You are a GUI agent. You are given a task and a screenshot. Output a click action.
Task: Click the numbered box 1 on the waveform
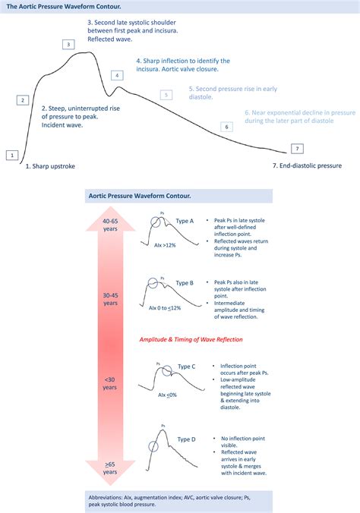click(x=11, y=155)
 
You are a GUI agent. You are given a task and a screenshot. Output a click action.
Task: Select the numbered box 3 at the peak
click(x=68, y=45)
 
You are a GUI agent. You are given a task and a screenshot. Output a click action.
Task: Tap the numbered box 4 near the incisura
click(x=117, y=75)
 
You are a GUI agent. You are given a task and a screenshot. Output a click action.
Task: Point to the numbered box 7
click(x=297, y=148)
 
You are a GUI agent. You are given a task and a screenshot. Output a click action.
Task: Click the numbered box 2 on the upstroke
click(x=23, y=100)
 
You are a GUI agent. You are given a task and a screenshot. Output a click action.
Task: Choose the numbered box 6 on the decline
click(x=226, y=127)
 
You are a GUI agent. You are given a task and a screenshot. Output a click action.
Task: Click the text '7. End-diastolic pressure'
click(x=307, y=165)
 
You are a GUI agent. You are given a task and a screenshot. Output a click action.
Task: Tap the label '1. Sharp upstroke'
click(x=51, y=165)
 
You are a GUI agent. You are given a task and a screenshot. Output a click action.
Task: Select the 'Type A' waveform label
click(x=185, y=221)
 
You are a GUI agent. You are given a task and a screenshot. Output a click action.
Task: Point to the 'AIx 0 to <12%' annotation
click(x=164, y=308)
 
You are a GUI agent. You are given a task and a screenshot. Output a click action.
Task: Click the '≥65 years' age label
click(x=110, y=466)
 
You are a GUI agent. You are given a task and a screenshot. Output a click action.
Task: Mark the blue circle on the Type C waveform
click(x=161, y=371)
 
